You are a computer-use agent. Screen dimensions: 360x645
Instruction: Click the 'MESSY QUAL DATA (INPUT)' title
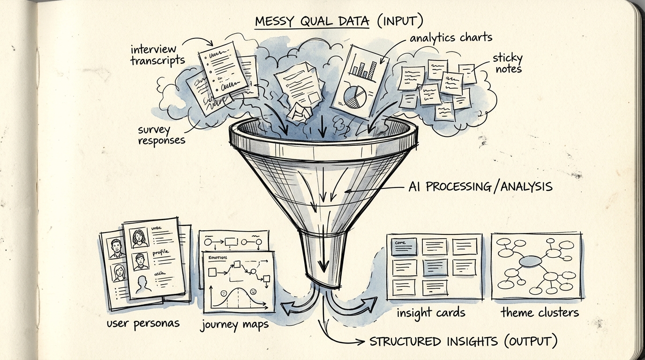coord(339,22)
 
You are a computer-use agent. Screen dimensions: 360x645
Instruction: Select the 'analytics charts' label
coord(451,37)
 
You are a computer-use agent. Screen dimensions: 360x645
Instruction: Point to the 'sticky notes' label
coord(507,63)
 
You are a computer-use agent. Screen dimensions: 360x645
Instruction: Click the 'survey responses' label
coord(161,135)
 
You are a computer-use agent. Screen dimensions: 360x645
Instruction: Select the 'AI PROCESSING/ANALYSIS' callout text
coord(480,187)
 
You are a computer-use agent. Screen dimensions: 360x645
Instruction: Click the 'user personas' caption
coord(143,323)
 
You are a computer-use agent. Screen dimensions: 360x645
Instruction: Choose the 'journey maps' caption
coord(234,324)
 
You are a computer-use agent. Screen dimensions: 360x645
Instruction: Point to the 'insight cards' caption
coord(431,313)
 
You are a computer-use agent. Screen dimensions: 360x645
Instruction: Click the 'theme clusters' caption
coord(540,312)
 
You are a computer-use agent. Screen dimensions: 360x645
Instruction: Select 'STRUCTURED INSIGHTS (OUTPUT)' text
coord(464,341)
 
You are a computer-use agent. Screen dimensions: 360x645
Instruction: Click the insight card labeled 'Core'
coord(404,246)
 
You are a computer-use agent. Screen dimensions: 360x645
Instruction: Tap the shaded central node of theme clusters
coord(530,261)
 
